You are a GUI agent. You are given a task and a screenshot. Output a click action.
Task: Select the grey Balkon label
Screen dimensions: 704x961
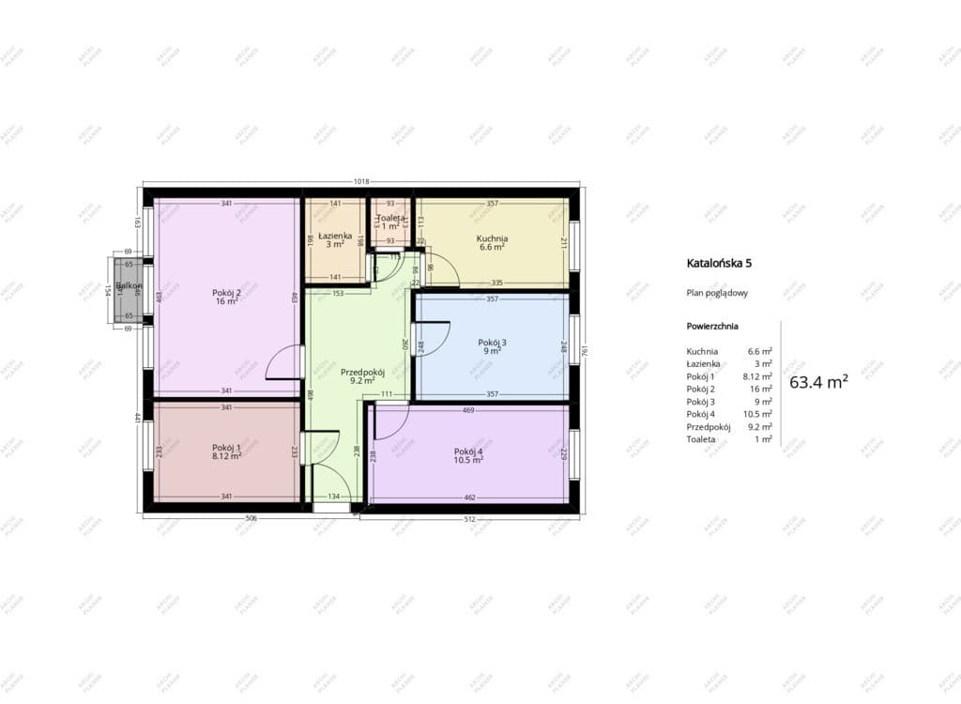click(130, 285)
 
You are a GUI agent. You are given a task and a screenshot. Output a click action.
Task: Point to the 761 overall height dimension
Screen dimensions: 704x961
click(584, 352)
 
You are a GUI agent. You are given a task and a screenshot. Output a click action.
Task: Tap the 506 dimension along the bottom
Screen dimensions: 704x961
click(225, 517)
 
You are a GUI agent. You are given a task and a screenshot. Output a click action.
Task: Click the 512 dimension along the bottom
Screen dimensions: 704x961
click(469, 517)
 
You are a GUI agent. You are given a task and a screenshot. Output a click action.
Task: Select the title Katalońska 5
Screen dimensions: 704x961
click(719, 264)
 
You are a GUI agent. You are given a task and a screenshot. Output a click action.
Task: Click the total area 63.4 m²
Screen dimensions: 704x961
click(818, 382)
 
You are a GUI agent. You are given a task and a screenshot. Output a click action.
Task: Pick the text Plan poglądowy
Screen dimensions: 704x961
click(717, 293)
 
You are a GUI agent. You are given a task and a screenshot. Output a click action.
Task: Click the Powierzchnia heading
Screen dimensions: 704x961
click(712, 327)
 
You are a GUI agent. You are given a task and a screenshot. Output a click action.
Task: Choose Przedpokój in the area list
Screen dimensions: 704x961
click(709, 426)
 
